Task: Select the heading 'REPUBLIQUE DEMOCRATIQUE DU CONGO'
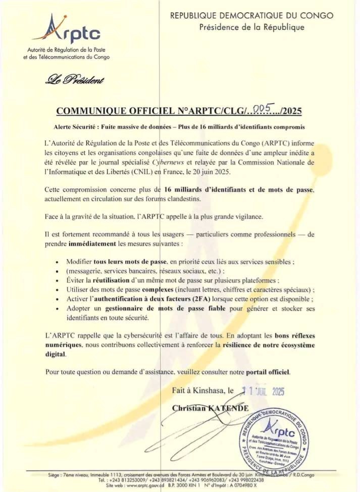tap(251, 16)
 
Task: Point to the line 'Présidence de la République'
tap(251, 27)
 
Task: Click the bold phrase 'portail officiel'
tap(268, 372)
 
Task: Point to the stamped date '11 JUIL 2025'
tap(263, 390)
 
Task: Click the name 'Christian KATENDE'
tap(210, 408)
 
